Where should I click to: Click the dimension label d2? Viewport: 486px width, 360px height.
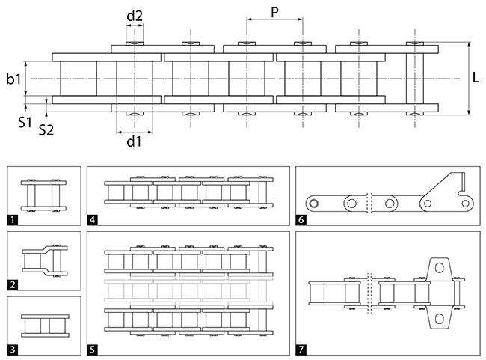pos(135,14)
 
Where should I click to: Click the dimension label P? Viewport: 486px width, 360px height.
pos(274,12)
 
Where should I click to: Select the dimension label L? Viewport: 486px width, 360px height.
pos(476,77)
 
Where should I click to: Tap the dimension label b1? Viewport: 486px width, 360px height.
pos(13,77)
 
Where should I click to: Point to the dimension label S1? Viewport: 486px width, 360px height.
pos(25,120)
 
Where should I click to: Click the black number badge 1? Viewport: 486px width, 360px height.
pos(12,220)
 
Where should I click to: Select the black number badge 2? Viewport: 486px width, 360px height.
pos(12,284)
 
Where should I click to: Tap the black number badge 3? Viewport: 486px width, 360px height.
pos(12,349)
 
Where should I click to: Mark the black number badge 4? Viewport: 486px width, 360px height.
pos(92,220)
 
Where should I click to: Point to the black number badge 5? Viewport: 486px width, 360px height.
pos(92,349)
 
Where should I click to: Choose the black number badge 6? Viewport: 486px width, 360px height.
pos(301,220)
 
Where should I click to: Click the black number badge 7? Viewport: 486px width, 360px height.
pos(301,349)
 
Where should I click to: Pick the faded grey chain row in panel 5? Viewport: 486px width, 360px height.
pos(187,287)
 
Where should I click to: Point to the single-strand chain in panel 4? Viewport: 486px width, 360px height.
pos(187,192)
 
